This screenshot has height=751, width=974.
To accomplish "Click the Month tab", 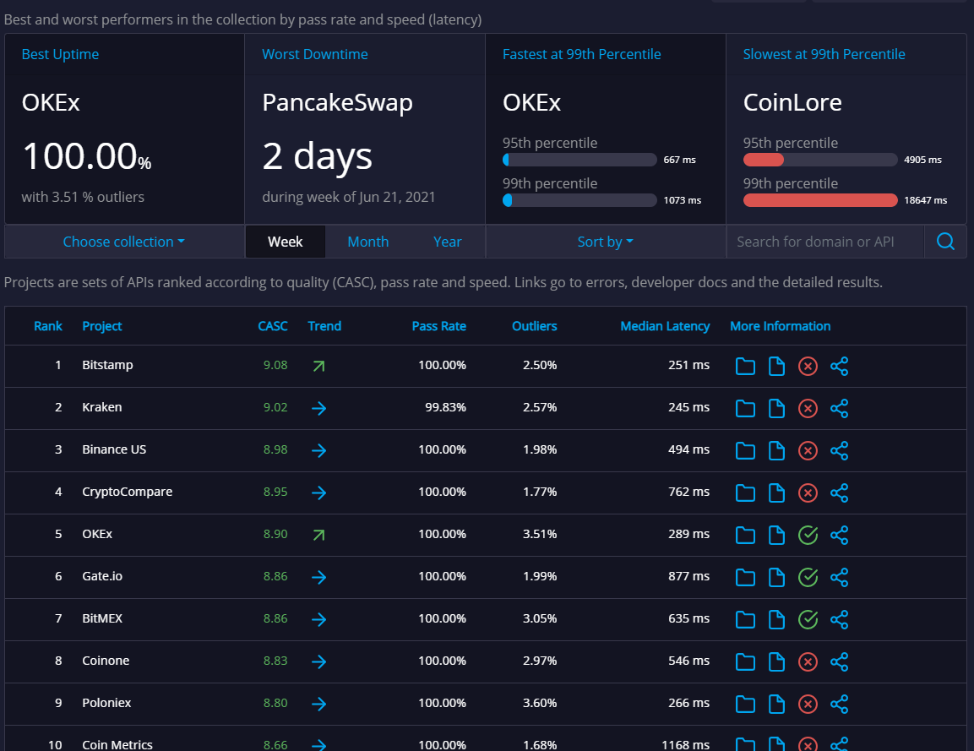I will pos(367,242).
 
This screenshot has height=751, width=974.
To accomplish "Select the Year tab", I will pos(447,242).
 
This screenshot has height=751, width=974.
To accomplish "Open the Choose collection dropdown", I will pos(123,242).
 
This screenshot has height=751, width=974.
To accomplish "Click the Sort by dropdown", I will pos(605,242).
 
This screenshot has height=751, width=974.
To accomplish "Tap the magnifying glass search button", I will pos(945,242).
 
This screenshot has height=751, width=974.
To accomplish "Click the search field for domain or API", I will pos(824,242).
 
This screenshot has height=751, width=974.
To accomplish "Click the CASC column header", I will pos(273,326).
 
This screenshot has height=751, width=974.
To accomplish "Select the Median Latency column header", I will pos(665,326).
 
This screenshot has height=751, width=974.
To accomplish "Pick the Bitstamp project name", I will pos(107,365).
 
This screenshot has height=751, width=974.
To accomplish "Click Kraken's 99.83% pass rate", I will pos(445,407).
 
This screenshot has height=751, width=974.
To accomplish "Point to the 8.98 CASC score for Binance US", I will pos(275,449).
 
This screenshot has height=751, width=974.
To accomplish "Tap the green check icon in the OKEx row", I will pos(808,535).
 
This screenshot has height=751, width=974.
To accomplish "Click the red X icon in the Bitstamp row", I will pos(808,366).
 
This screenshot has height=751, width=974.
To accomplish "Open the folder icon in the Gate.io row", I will pos(744,577).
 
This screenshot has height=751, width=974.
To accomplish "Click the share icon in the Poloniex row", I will pos(839,704).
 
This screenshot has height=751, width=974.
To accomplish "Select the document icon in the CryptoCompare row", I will pos(776,493).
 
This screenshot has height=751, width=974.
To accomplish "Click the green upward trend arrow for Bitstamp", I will pos(318,366).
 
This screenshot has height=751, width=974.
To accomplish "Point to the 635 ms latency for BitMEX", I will pos(688,618).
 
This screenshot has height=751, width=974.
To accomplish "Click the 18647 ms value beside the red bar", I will pos(925,200).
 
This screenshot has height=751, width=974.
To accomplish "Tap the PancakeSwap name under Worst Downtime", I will pos(337,103).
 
